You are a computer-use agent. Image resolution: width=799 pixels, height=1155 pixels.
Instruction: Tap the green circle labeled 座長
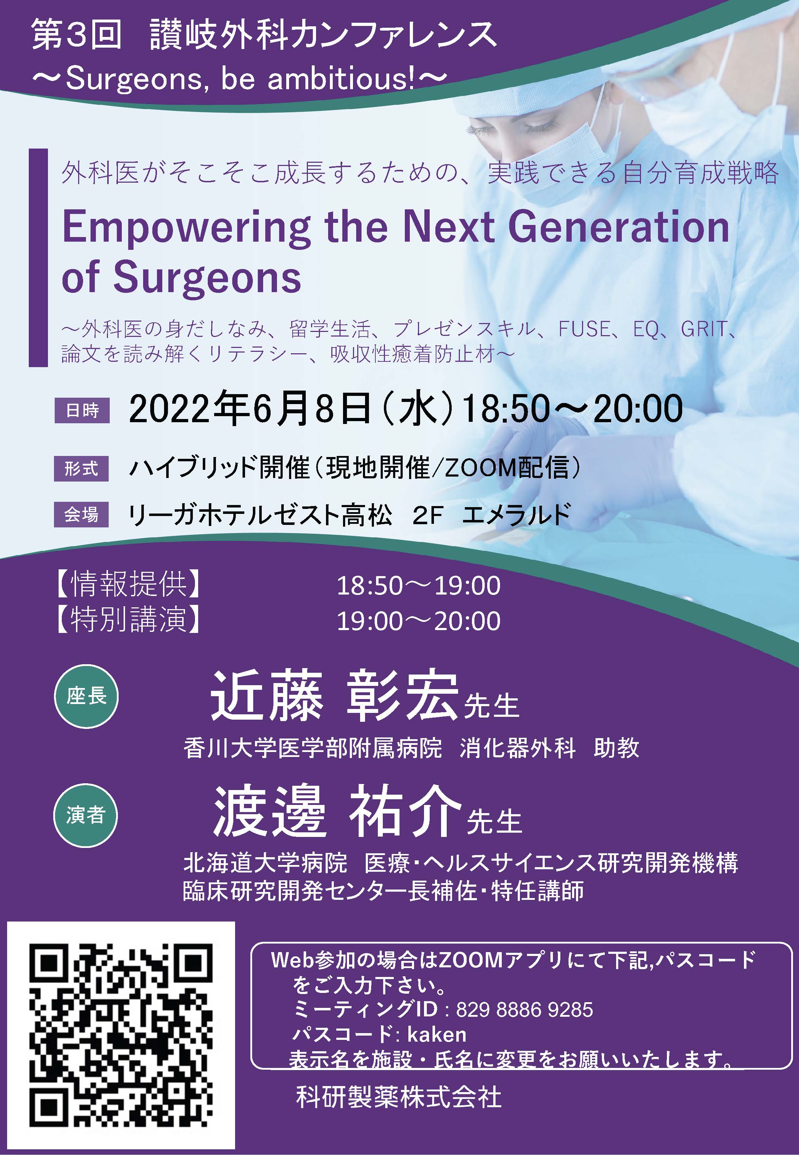[86, 696]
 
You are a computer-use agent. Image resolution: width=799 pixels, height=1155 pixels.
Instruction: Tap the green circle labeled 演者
[86, 815]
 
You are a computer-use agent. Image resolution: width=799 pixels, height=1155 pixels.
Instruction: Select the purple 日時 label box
[82, 411]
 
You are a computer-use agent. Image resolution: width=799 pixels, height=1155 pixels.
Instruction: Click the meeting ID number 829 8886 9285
[524, 1010]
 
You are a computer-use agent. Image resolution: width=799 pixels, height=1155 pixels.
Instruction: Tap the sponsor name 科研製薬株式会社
[399, 1097]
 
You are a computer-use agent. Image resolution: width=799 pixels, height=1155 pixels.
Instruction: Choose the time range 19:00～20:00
[419, 621]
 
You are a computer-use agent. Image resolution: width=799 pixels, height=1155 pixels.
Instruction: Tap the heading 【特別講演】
[128, 620]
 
